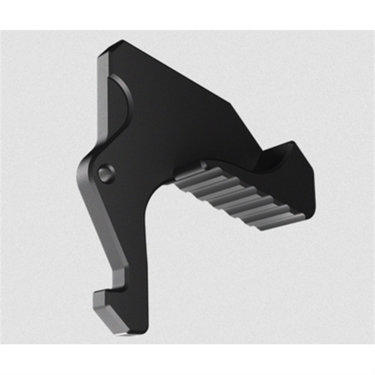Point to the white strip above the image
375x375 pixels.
(187, 15)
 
